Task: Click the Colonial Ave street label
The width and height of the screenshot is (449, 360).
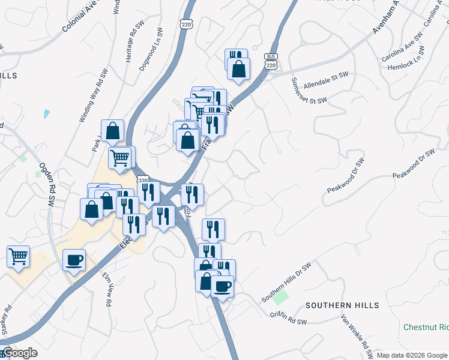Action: [88, 17]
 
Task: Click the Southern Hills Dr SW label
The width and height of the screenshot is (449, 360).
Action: [286, 282]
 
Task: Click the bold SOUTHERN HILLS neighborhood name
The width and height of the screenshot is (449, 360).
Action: [342, 305]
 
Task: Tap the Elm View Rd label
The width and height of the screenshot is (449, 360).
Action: [107, 290]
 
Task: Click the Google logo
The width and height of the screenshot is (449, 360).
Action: [19, 353]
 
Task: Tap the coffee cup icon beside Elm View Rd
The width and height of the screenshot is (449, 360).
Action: [74, 260]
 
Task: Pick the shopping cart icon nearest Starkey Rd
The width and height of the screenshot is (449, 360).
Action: [18, 256]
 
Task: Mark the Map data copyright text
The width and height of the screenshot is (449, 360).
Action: [411, 355]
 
